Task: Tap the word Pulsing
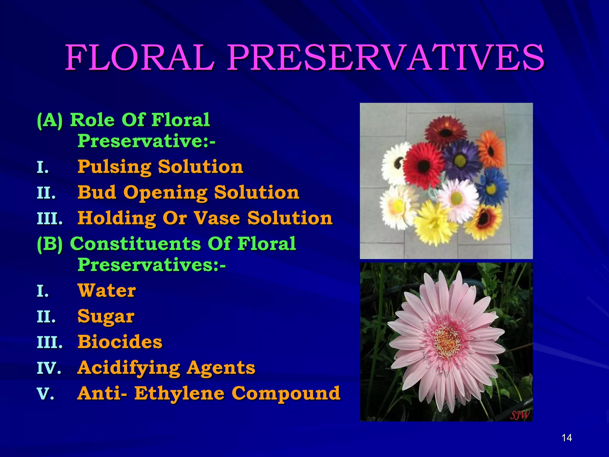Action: (115, 167)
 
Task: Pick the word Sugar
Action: (106, 317)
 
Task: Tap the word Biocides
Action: (120, 342)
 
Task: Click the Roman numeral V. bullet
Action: (45, 394)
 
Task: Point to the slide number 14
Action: (567, 438)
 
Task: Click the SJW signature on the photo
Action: (519, 414)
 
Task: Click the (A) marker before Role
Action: (50, 120)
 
